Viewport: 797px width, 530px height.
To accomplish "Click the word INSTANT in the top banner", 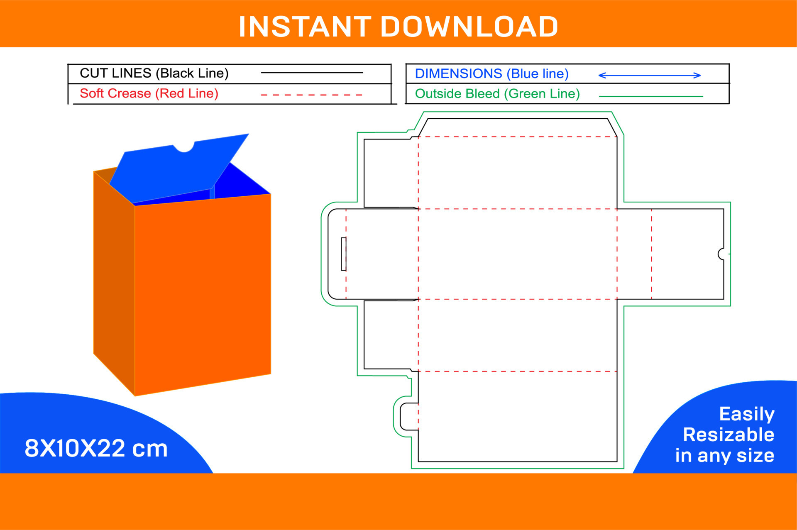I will click(x=305, y=27).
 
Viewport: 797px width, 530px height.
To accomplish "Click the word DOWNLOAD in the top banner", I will click(x=469, y=27).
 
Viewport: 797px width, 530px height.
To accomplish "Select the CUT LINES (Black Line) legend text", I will click(x=154, y=73).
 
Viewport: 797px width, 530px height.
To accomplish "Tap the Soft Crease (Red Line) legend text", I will click(x=149, y=93).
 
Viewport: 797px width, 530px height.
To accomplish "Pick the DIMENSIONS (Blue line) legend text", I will click(x=491, y=74).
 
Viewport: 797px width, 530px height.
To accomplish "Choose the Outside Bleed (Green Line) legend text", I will click(x=497, y=94).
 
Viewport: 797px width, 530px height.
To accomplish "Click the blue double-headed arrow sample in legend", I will click(x=649, y=75).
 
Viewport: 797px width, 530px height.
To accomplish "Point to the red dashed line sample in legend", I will click(x=311, y=95).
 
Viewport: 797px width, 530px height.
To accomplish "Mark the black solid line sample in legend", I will click(x=311, y=73).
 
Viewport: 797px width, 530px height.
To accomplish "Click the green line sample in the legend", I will click(x=650, y=96).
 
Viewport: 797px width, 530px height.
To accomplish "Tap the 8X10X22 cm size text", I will click(x=96, y=449).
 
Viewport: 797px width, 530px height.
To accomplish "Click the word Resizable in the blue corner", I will click(x=728, y=435).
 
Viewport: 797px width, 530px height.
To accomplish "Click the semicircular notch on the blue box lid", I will click(x=184, y=147).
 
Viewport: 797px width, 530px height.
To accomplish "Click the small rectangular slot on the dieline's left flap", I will click(x=343, y=254).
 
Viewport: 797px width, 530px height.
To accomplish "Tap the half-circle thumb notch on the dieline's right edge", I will click(x=721, y=254).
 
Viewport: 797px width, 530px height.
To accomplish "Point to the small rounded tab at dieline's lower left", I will click(x=409, y=416).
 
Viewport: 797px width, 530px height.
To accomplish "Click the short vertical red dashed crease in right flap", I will click(x=651, y=254).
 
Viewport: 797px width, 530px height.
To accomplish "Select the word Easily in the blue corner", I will click(x=746, y=414).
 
